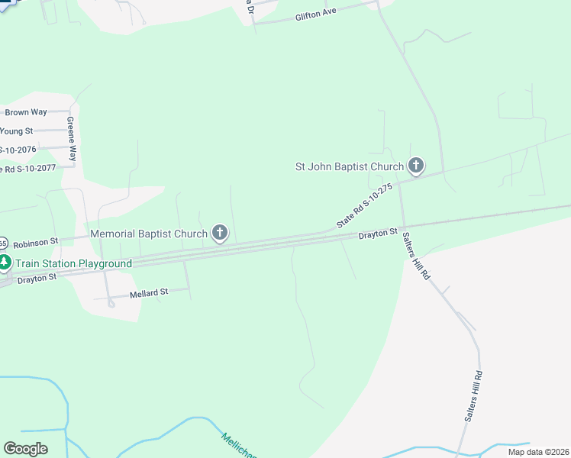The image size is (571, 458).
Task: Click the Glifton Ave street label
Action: (x=317, y=15)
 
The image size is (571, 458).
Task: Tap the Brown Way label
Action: (x=26, y=112)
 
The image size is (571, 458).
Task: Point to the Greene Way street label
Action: (x=71, y=138)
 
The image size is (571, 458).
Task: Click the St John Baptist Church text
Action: (x=350, y=166)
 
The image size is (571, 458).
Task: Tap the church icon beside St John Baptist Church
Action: (x=415, y=165)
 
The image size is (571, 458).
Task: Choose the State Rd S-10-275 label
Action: (x=365, y=205)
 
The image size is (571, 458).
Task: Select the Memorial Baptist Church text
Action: (x=149, y=234)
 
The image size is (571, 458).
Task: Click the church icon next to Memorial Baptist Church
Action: (x=220, y=233)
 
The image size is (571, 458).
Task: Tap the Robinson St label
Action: (x=35, y=241)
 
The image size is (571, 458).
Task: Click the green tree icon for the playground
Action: (x=5, y=263)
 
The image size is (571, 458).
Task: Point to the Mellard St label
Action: (x=149, y=292)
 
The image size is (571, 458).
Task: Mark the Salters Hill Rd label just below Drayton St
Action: (x=416, y=256)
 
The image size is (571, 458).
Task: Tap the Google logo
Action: (x=25, y=449)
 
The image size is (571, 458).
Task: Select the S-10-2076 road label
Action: (x=18, y=150)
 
